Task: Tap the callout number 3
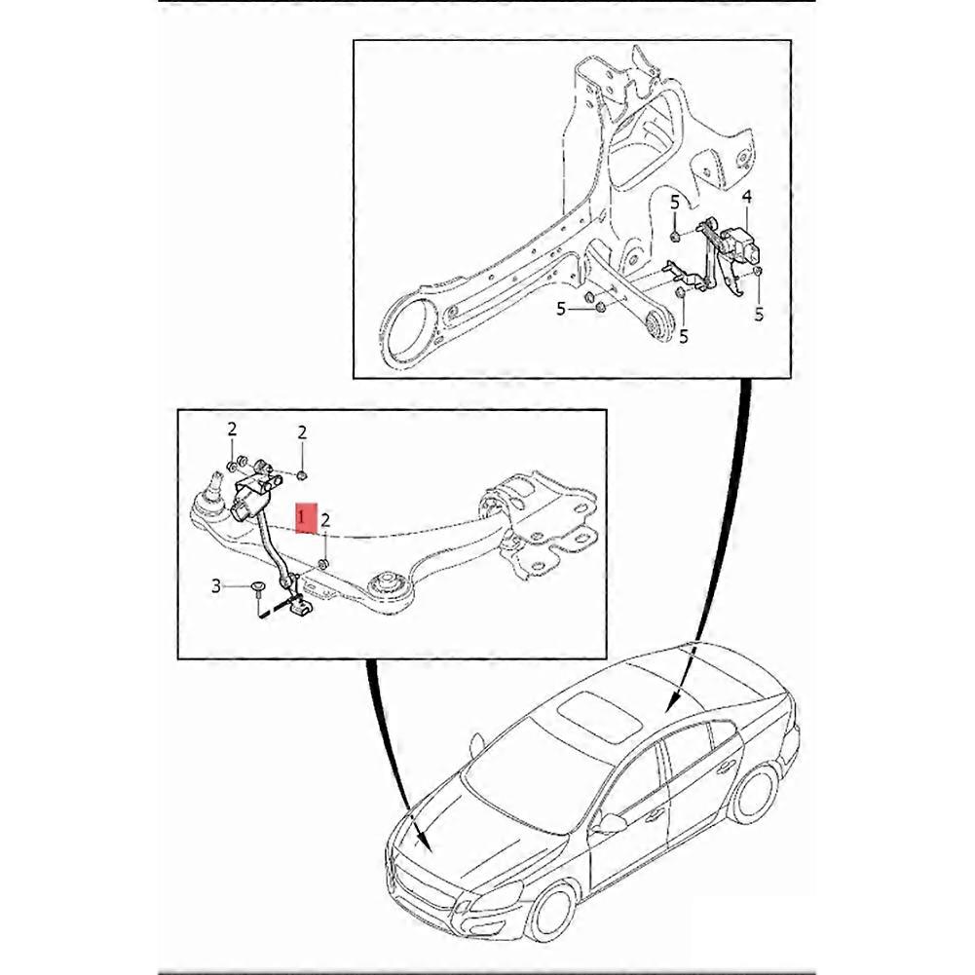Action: click(x=216, y=585)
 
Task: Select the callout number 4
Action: click(x=747, y=197)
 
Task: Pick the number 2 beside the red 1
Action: click(x=325, y=520)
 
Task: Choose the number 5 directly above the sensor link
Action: click(x=675, y=202)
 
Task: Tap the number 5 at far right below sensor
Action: click(x=759, y=315)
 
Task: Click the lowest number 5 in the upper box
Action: click(x=684, y=337)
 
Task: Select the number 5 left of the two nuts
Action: click(x=561, y=309)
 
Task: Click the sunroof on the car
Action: click(x=601, y=715)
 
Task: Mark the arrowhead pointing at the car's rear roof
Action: click(x=671, y=702)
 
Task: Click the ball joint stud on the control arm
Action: click(x=216, y=482)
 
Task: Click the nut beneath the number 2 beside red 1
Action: click(x=323, y=563)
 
